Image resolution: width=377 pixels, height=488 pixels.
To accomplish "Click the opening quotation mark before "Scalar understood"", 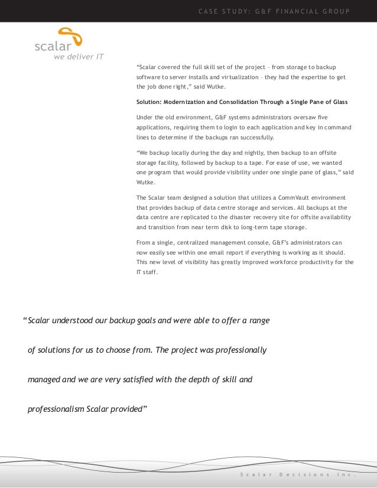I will [x=25, y=321].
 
